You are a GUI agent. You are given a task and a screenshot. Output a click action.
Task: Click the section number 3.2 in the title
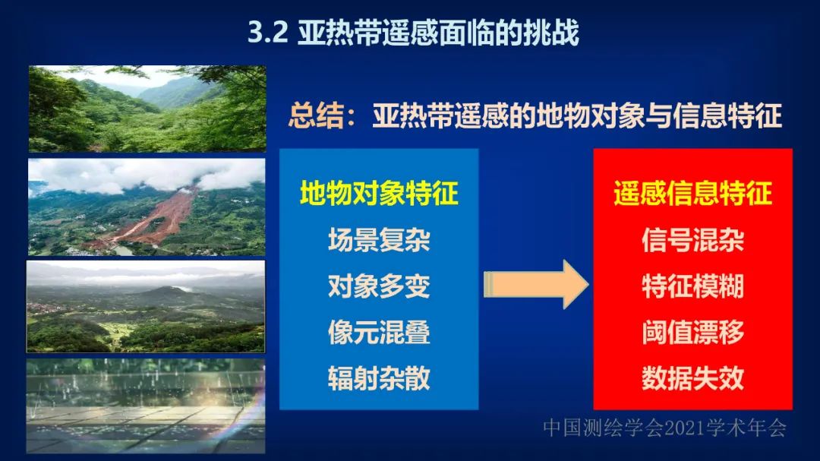point(268,33)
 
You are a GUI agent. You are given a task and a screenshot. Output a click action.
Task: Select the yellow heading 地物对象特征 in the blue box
point(379,193)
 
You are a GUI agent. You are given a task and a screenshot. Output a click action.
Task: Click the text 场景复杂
point(379,240)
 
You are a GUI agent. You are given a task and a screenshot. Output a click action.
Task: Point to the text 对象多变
point(379,286)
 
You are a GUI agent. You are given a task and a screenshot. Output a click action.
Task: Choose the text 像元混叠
point(379,333)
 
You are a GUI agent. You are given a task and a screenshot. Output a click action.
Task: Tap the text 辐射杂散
point(379,378)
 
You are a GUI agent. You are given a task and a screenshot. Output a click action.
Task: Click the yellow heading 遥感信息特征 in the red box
point(693,193)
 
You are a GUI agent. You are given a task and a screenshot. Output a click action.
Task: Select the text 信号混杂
point(693,240)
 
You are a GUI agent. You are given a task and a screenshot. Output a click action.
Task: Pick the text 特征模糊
point(693,286)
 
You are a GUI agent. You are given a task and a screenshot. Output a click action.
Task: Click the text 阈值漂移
point(693,333)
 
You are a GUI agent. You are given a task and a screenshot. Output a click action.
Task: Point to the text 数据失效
point(693,378)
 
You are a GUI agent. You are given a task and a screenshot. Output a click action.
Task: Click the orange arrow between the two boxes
point(536,285)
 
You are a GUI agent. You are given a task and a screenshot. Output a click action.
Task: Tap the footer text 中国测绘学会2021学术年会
point(664,428)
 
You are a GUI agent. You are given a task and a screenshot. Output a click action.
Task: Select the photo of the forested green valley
point(147,109)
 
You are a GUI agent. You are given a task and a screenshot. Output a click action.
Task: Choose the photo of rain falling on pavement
point(146,406)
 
